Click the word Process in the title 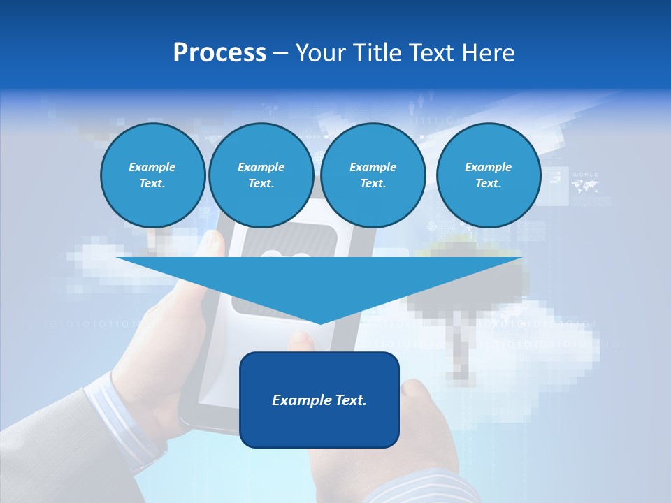click(219, 53)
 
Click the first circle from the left click(152, 175)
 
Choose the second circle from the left click(261, 175)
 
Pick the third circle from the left click(373, 175)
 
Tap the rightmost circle click(488, 175)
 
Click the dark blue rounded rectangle click(319, 400)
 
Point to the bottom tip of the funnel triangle click(319, 322)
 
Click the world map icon click(585, 187)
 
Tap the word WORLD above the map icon click(585, 175)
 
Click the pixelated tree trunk click(460, 349)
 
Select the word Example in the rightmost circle click(488, 167)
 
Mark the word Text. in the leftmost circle click(152, 184)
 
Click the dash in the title click(280, 53)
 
